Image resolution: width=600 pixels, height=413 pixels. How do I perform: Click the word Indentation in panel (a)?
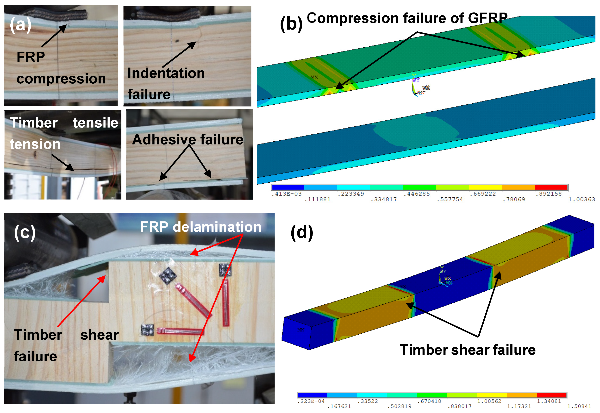[x=166, y=73]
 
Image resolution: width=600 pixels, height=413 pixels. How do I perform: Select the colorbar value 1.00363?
[x=581, y=199]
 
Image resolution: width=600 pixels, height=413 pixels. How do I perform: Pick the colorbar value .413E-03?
[x=286, y=194]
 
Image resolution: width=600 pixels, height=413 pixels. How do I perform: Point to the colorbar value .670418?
[x=429, y=401]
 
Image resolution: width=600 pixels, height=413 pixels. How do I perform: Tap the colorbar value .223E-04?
[x=311, y=401]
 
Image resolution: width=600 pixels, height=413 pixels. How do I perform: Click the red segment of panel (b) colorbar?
[x=551, y=187]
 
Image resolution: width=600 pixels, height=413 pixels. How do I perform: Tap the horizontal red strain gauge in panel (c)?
[x=180, y=331]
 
